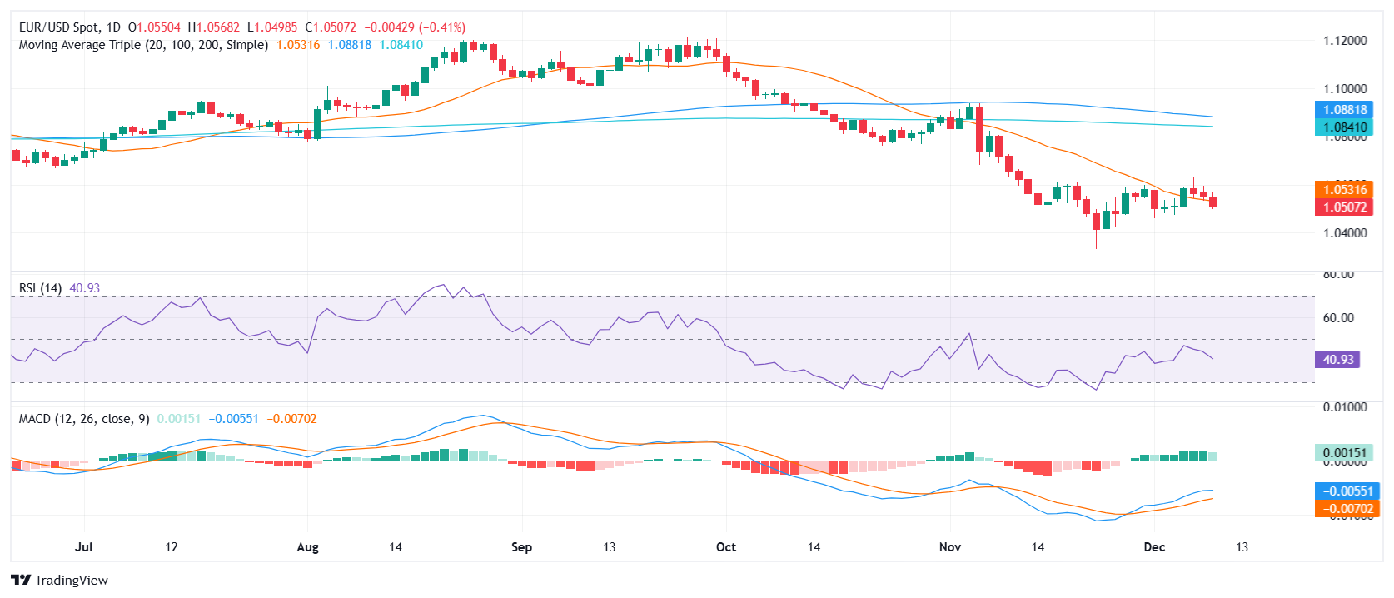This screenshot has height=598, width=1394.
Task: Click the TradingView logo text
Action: (71, 581)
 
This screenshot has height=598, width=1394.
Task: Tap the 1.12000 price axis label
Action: (1345, 41)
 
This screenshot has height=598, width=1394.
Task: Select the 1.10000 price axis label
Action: (1345, 89)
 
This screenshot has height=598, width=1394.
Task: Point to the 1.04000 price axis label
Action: (1345, 233)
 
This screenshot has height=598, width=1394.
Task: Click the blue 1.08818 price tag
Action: (1345, 110)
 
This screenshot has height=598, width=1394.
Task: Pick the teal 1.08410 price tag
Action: (1345, 127)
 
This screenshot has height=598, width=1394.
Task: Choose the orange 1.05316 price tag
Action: (1345, 190)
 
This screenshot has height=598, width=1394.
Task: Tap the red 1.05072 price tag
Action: (1345, 207)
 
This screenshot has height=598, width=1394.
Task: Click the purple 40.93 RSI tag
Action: (1338, 360)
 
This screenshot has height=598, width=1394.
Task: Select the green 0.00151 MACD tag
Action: (1345, 453)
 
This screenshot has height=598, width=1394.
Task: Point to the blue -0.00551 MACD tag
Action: (1345, 491)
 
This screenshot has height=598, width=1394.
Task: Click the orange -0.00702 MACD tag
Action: (1345, 509)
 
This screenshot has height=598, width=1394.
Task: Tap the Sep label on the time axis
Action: (521, 547)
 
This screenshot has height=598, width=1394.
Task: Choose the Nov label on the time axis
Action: (949, 547)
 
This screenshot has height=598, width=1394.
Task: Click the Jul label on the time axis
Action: (83, 547)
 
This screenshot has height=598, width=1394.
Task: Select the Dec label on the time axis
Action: (1154, 547)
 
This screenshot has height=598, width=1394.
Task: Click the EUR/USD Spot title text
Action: (59, 27)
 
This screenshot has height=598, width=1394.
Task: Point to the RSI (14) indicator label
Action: (40, 288)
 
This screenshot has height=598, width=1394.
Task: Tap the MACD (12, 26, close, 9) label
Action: (84, 419)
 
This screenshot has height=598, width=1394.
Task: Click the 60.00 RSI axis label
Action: (1338, 318)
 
